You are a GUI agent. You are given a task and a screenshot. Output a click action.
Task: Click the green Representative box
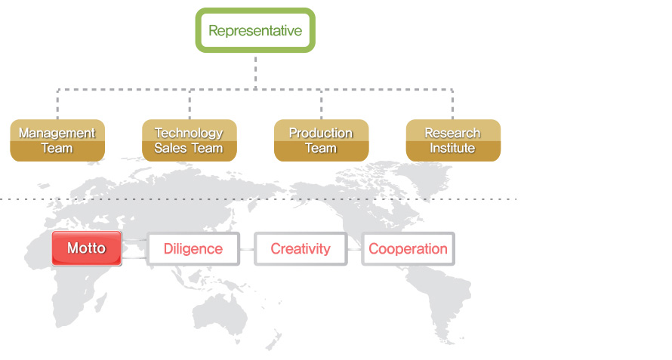[x=255, y=30]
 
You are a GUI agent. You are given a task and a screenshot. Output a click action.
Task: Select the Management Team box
[x=57, y=140]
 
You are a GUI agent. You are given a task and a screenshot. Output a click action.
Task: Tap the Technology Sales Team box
[x=190, y=140]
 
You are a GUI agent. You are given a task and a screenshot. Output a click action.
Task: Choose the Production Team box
[x=322, y=140]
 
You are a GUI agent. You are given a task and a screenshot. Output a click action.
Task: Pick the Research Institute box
[x=454, y=140]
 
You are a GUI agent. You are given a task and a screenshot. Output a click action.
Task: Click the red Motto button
[x=87, y=248]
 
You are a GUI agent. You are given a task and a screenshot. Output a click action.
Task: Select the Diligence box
[x=193, y=249]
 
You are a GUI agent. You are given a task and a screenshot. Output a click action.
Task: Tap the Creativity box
[x=301, y=249]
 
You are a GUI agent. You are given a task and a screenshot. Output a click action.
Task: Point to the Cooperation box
[x=408, y=249]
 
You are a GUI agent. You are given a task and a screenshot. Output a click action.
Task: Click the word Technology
[x=189, y=133]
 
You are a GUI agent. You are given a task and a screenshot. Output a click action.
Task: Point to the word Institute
[x=452, y=148]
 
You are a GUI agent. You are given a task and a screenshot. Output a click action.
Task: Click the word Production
[x=321, y=133]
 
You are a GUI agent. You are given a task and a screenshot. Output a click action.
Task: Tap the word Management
[x=57, y=133]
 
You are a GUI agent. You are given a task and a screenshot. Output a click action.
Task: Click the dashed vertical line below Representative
[x=255, y=72]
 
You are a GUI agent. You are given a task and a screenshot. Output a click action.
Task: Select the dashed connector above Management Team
[x=57, y=104]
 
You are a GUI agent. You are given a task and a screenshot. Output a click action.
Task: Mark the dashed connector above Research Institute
[x=452, y=104]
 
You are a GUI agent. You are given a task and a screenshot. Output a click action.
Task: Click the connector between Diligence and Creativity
[x=247, y=249]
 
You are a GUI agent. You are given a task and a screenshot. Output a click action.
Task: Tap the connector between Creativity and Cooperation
[x=354, y=249]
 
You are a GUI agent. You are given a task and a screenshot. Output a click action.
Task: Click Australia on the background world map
[x=220, y=315]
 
